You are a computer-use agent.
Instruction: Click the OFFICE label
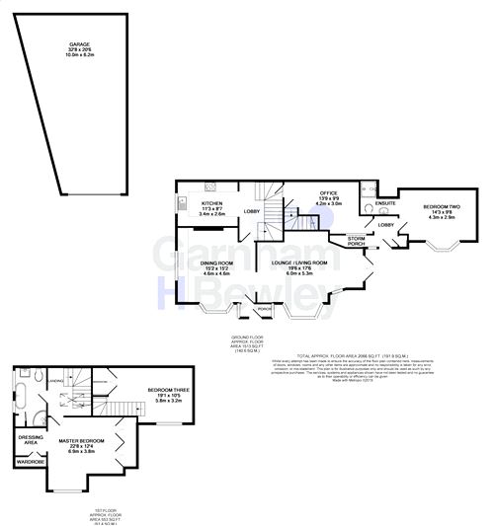(328, 194)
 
